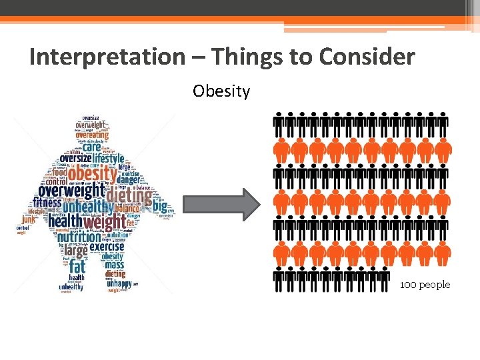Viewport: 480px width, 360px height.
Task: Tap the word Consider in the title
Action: (x=367, y=57)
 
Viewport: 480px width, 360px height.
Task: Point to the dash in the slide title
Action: (x=199, y=58)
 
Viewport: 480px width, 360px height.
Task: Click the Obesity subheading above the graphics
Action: (x=221, y=91)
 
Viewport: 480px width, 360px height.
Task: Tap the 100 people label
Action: (x=425, y=285)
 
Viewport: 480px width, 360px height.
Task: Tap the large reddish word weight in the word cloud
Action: (x=103, y=221)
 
